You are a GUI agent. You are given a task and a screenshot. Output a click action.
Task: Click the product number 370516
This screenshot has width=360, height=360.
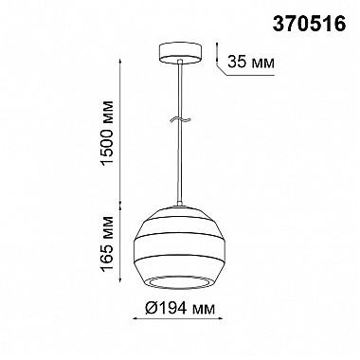tap(309, 24)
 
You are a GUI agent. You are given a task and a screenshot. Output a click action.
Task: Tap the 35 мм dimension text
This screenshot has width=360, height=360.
tap(251, 62)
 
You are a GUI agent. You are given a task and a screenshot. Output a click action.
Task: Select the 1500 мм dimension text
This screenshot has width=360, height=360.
tap(107, 133)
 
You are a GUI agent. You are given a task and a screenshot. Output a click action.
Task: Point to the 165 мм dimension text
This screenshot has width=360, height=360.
tap(107, 243)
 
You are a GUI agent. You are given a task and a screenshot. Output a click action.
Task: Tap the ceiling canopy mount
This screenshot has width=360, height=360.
tap(180, 53)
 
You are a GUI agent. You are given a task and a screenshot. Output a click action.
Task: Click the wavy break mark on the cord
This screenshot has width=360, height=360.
tap(180, 119)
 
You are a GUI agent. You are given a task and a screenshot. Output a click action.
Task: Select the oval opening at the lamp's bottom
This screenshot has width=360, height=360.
tap(180, 283)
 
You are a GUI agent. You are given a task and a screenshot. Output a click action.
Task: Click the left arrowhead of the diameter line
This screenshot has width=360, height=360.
tap(136, 318)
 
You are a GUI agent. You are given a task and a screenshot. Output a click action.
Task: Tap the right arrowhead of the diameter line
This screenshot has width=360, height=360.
tap(221, 318)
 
